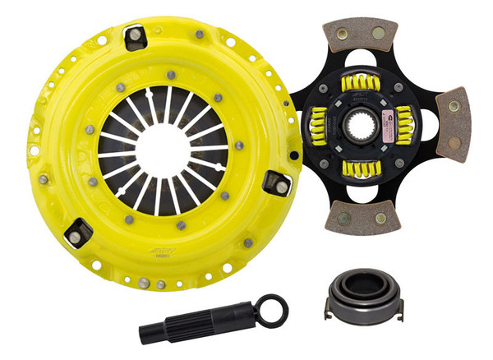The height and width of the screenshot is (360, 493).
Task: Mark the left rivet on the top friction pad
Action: [x=351, y=38]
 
